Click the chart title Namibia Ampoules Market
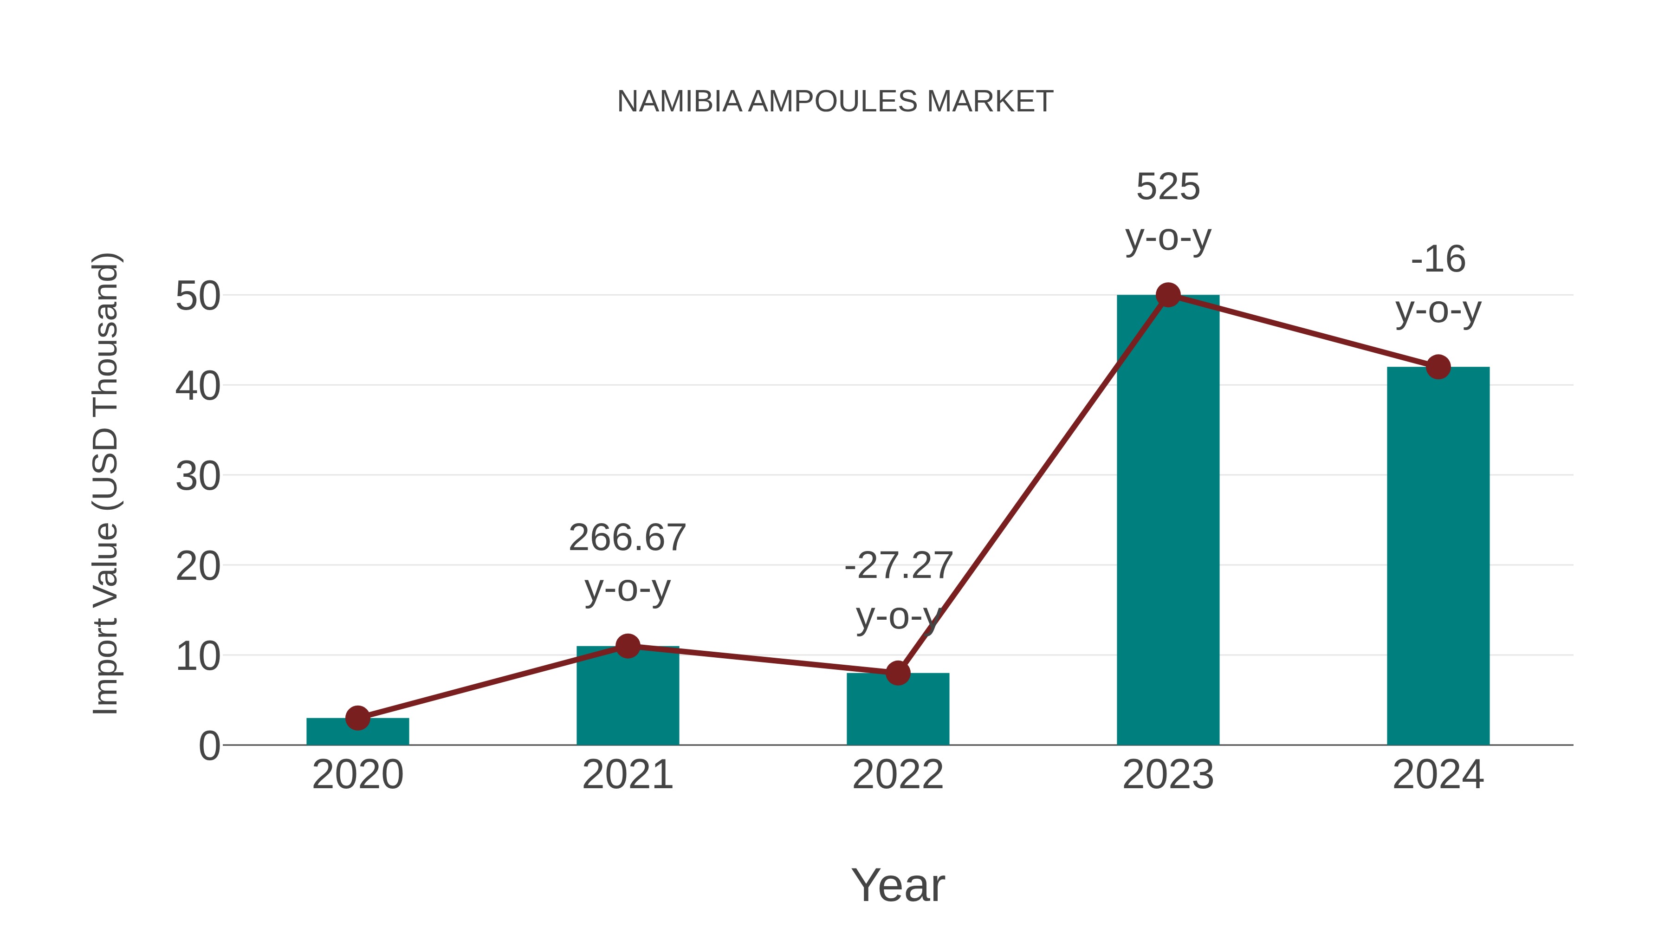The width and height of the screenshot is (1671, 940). [835, 102]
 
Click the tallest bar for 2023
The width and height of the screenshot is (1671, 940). [1168, 519]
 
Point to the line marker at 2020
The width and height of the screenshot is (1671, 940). [357, 718]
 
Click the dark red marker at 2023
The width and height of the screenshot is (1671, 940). [1168, 295]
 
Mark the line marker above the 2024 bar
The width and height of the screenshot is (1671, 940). [1438, 367]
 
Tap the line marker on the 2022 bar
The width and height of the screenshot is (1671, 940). [897, 674]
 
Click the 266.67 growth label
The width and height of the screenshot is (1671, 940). [627, 538]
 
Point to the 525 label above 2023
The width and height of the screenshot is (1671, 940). [1168, 188]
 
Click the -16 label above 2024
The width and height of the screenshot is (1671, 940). [1438, 260]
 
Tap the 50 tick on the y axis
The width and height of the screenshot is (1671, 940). [198, 297]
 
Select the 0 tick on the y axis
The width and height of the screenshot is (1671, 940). [209, 746]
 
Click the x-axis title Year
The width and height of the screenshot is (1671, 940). [898, 886]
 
